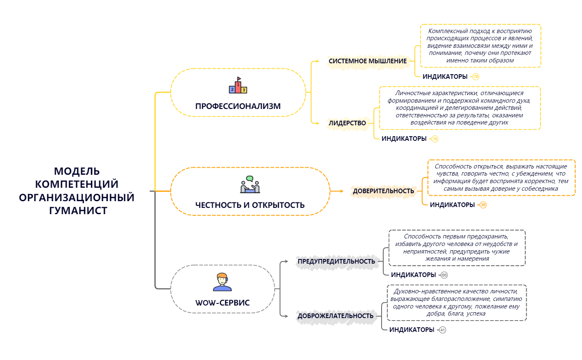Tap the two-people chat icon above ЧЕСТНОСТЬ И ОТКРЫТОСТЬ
click(250, 185)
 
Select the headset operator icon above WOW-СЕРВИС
click(222, 282)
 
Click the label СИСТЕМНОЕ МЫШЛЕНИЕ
click(367, 61)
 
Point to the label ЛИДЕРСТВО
click(347, 123)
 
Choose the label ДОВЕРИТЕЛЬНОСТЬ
click(383, 191)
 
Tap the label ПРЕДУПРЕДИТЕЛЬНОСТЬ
click(336, 262)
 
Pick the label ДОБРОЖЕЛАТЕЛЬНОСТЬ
click(335, 316)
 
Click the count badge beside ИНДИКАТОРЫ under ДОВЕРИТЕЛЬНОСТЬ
click(483, 205)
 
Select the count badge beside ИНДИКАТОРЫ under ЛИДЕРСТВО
click(435, 139)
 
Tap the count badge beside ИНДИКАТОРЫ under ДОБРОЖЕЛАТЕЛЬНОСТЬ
click(443, 330)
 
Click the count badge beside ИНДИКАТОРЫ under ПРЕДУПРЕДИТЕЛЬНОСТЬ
click(444, 275)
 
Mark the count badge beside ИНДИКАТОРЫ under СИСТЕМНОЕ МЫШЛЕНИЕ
click(475, 77)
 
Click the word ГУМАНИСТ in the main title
click(77, 210)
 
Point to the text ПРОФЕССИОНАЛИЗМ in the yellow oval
click(238, 106)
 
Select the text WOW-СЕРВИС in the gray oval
click(222, 302)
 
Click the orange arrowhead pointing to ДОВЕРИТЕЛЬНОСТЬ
click(340, 191)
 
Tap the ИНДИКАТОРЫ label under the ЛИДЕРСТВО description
click(404, 139)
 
